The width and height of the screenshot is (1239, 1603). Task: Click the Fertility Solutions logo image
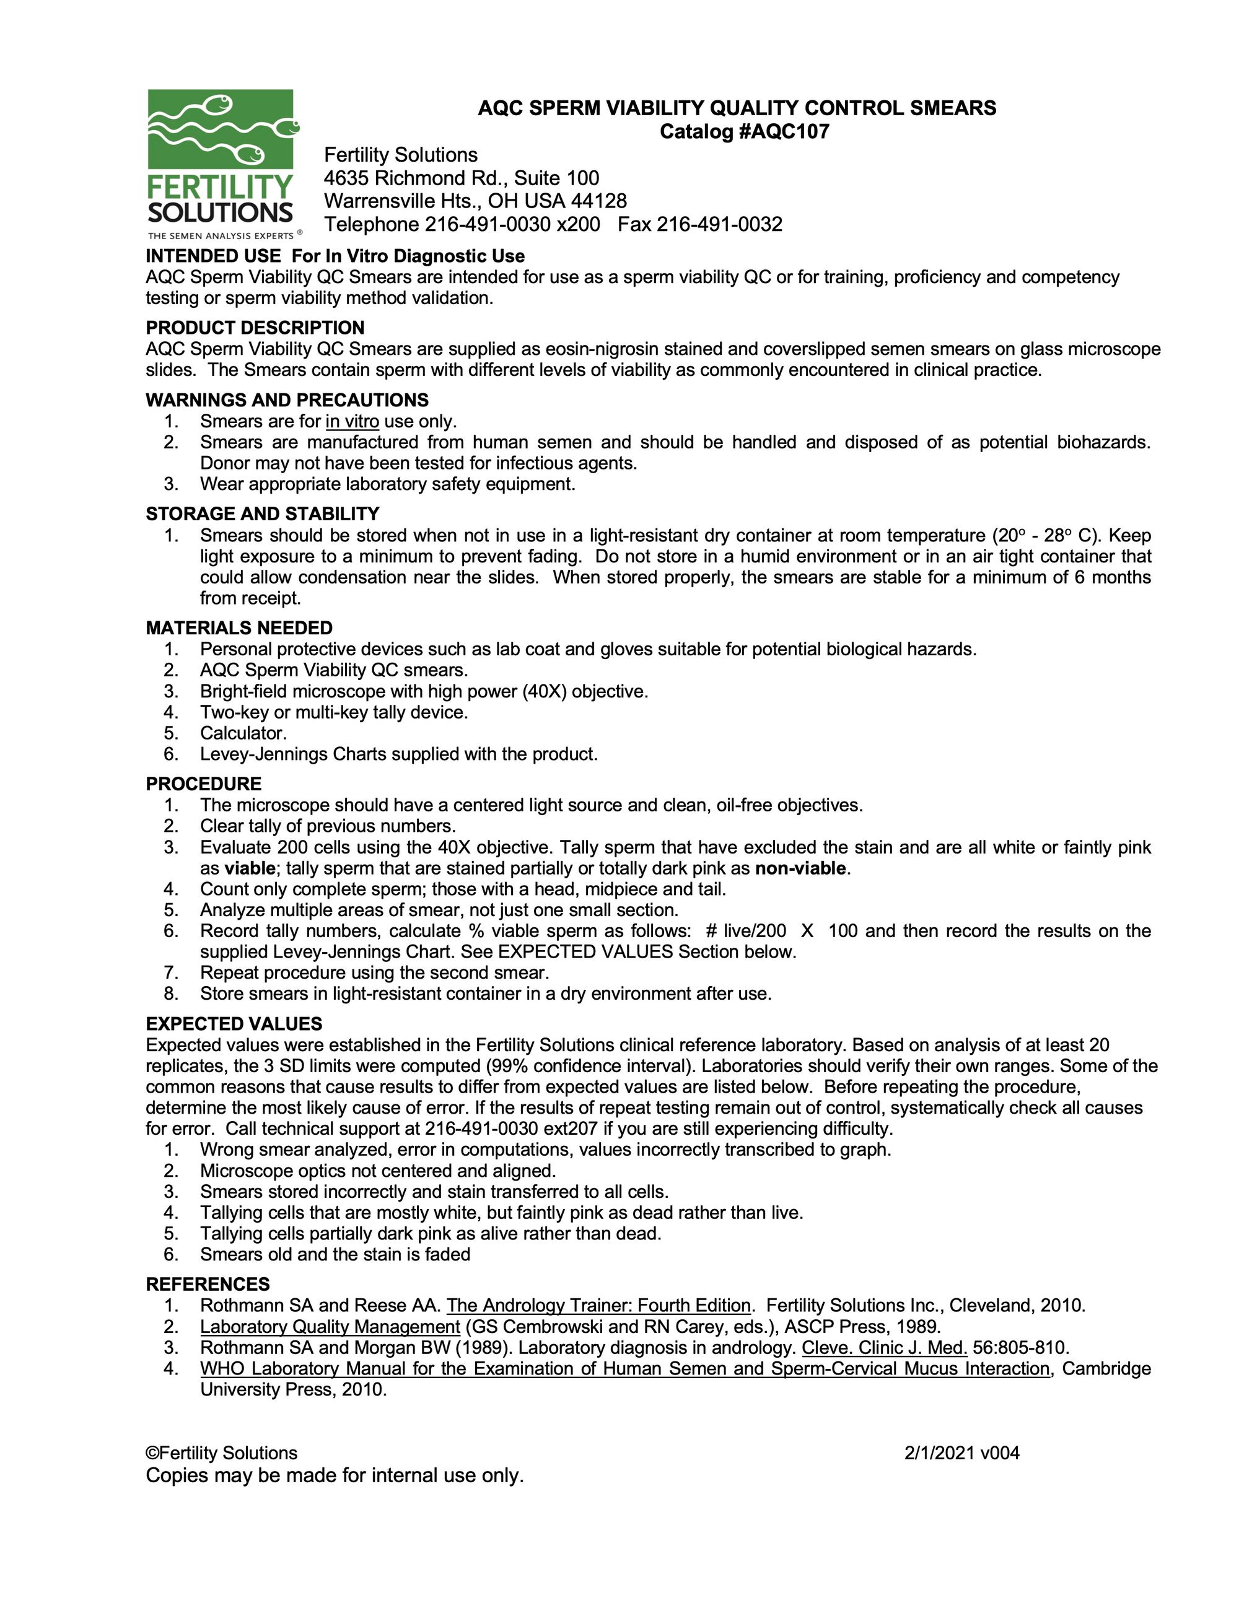(221, 163)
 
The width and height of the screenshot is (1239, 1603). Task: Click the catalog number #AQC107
(785, 132)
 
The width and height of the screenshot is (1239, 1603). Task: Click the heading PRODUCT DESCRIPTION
(255, 328)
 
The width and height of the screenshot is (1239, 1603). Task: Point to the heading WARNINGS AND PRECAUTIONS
(287, 400)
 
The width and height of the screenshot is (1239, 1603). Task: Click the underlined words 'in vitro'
(352, 421)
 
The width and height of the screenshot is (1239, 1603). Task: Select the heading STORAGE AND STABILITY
(262, 513)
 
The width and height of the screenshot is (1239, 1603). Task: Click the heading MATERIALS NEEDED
(239, 628)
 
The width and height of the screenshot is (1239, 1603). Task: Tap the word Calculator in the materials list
(243, 733)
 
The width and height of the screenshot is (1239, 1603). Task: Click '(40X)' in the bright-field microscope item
(544, 691)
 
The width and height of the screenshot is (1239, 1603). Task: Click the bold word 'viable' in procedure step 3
(250, 868)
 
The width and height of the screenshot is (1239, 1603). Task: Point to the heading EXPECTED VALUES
(234, 1024)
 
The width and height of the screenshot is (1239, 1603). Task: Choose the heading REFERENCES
(208, 1285)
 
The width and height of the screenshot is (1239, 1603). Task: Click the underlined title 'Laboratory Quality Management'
(330, 1326)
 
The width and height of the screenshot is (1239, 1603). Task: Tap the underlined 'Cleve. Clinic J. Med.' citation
(884, 1348)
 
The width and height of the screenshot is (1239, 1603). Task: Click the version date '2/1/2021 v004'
(961, 1453)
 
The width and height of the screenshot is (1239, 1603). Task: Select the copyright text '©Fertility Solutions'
(222, 1453)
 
